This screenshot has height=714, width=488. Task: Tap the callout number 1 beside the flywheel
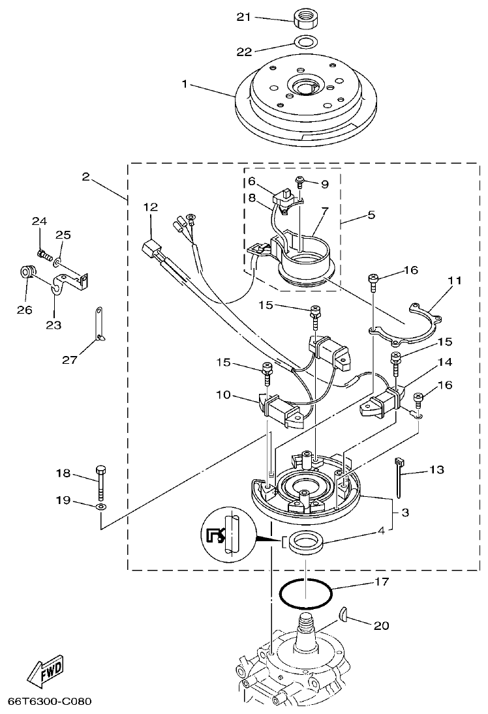(185, 84)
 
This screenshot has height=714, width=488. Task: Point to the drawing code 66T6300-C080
(49, 702)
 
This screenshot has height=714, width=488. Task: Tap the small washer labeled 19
(100, 506)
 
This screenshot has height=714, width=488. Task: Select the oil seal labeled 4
(305, 543)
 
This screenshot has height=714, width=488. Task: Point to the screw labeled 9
(300, 182)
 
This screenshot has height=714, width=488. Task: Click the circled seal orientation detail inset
(230, 535)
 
